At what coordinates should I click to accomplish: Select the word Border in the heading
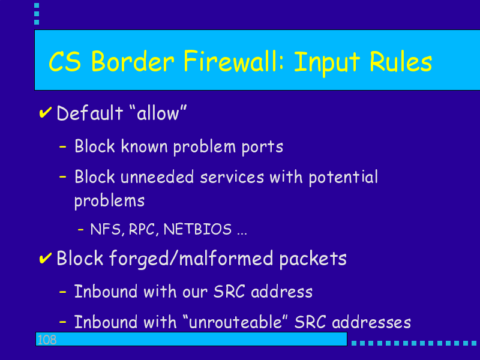click(133, 62)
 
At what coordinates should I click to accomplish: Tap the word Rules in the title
click(401, 62)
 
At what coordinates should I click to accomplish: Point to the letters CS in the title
click(65, 62)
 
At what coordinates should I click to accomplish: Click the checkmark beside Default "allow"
click(46, 113)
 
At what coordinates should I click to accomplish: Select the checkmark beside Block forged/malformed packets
click(46, 258)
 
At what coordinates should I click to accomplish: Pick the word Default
click(90, 113)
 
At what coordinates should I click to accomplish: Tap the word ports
click(262, 147)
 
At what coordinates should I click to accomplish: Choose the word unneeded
click(157, 177)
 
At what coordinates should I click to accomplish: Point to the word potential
click(343, 178)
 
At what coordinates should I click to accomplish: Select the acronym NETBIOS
click(198, 229)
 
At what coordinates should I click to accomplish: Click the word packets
click(313, 259)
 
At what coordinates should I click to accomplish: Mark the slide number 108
click(47, 340)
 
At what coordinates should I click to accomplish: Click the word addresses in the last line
click(371, 322)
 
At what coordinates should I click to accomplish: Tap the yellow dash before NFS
click(81, 229)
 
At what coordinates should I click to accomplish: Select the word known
click(144, 146)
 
